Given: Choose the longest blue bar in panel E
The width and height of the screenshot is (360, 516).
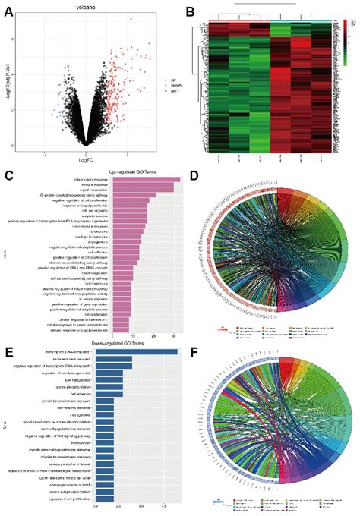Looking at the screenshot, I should [x=136, y=352].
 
